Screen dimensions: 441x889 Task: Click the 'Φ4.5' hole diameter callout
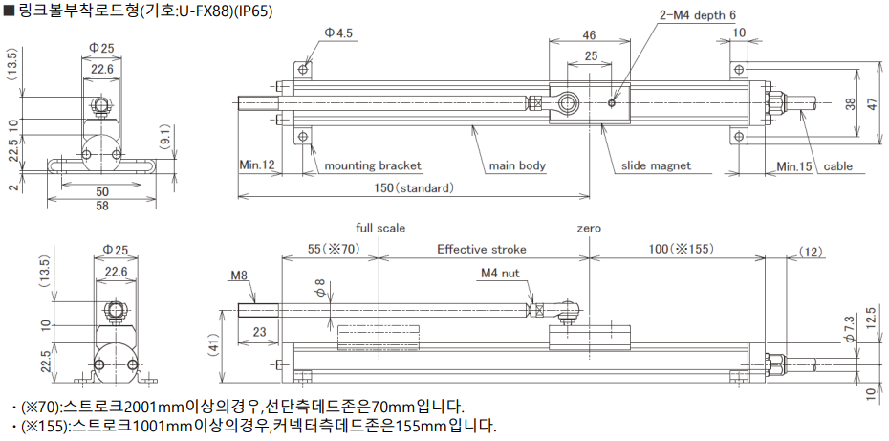[x=338, y=33]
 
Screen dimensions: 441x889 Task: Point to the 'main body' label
[x=517, y=165]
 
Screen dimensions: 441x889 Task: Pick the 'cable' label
[x=838, y=165]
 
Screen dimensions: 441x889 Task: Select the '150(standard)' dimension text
[x=413, y=187]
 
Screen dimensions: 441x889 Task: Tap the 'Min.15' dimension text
[x=794, y=165]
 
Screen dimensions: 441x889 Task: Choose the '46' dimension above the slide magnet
[x=590, y=35]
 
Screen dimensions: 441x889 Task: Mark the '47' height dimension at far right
[x=871, y=103]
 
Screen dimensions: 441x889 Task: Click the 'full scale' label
[x=380, y=228]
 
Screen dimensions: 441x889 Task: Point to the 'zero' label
[x=589, y=228]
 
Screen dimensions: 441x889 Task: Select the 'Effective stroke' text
[x=482, y=249]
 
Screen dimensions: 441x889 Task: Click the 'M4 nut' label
[x=499, y=274]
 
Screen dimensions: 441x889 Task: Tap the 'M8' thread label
[x=239, y=276]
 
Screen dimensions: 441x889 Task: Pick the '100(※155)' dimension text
[x=678, y=249]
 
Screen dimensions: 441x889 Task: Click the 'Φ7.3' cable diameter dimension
[x=848, y=328]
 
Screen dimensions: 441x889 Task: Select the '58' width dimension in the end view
[x=102, y=206]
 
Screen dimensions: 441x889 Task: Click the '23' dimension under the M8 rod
[x=258, y=331]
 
